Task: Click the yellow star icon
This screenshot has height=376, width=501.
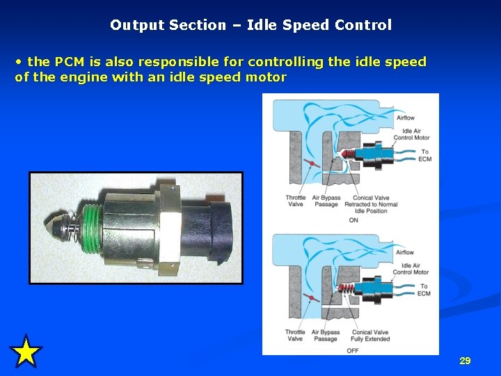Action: pos(26,352)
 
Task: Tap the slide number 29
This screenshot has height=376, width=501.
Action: pos(465,361)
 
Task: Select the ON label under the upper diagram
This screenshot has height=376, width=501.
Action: pos(353,220)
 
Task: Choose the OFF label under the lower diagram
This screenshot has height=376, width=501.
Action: pos(353,350)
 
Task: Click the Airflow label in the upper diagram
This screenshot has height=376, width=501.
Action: pos(405,118)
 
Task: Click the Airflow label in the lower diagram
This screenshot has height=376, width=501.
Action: pos(405,252)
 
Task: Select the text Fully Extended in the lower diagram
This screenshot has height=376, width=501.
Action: pos(371,339)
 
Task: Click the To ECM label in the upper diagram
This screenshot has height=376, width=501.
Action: pos(424,155)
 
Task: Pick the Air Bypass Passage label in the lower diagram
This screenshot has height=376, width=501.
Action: pos(326,336)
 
